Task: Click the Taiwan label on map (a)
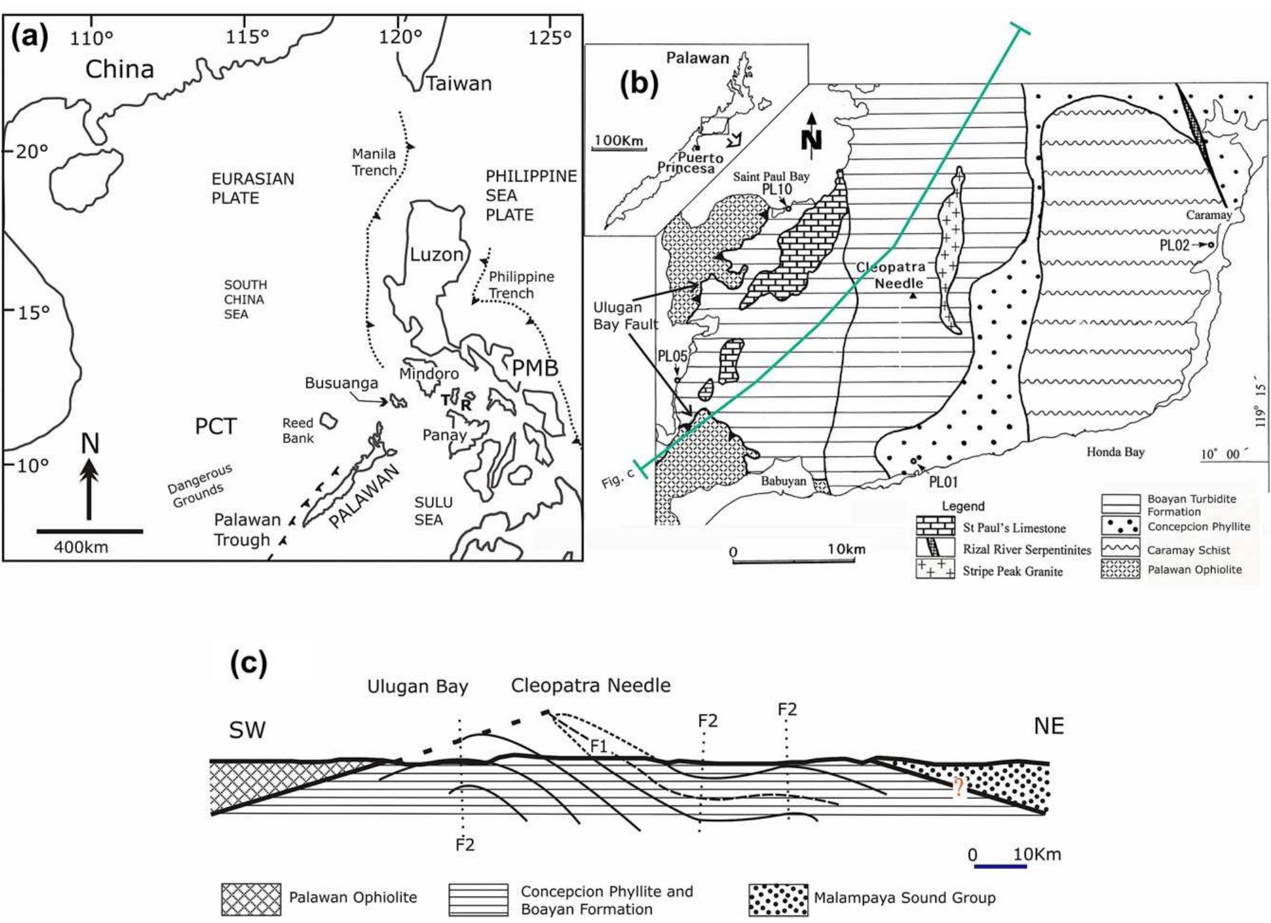click(x=459, y=83)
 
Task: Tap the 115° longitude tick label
click(x=247, y=37)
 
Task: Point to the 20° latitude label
click(x=31, y=152)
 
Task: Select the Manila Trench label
click(x=374, y=162)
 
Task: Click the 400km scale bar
click(x=90, y=531)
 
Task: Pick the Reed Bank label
click(x=298, y=431)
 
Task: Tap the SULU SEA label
click(x=433, y=511)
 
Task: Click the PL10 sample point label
click(x=776, y=189)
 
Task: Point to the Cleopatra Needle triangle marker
click(x=913, y=295)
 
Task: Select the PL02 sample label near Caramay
click(x=1174, y=245)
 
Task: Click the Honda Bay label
click(x=1115, y=451)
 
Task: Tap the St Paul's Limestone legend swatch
click(x=935, y=526)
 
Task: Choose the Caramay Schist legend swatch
click(x=1120, y=547)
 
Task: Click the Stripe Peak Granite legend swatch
click(x=935, y=569)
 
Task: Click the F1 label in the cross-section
click(x=598, y=747)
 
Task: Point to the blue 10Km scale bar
click(x=1000, y=866)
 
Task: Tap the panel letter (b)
click(x=638, y=83)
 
